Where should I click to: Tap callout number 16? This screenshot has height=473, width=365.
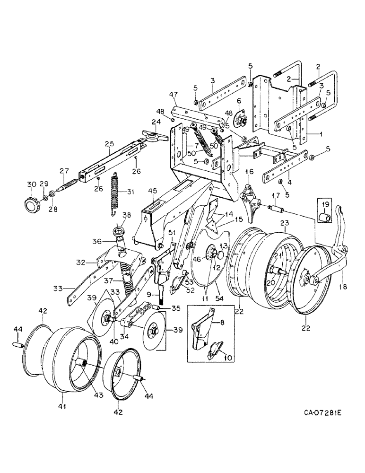(249, 171)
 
